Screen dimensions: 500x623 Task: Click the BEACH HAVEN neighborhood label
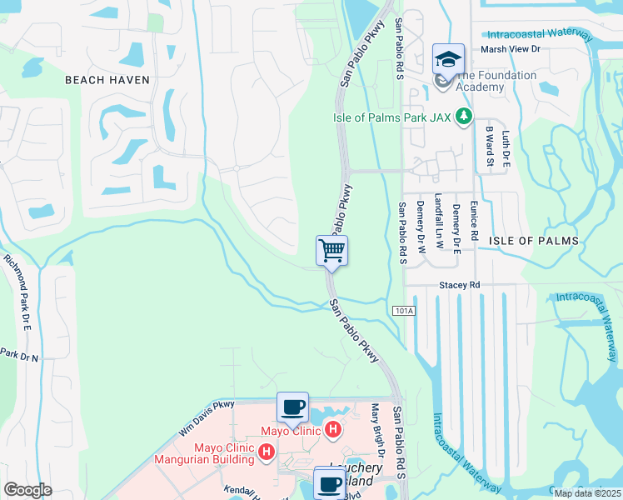(x=107, y=80)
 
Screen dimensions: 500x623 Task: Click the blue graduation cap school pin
(x=448, y=60)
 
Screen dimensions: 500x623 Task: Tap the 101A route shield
(x=403, y=310)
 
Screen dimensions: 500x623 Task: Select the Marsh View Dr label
(x=511, y=50)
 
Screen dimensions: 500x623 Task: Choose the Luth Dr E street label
(x=505, y=147)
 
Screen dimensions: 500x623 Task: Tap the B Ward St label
(x=490, y=147)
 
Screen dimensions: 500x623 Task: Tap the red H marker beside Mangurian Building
(x=267, y=452)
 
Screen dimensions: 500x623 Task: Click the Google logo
(x=27, y=490)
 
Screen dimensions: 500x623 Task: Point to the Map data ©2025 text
(x=588, y=493)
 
